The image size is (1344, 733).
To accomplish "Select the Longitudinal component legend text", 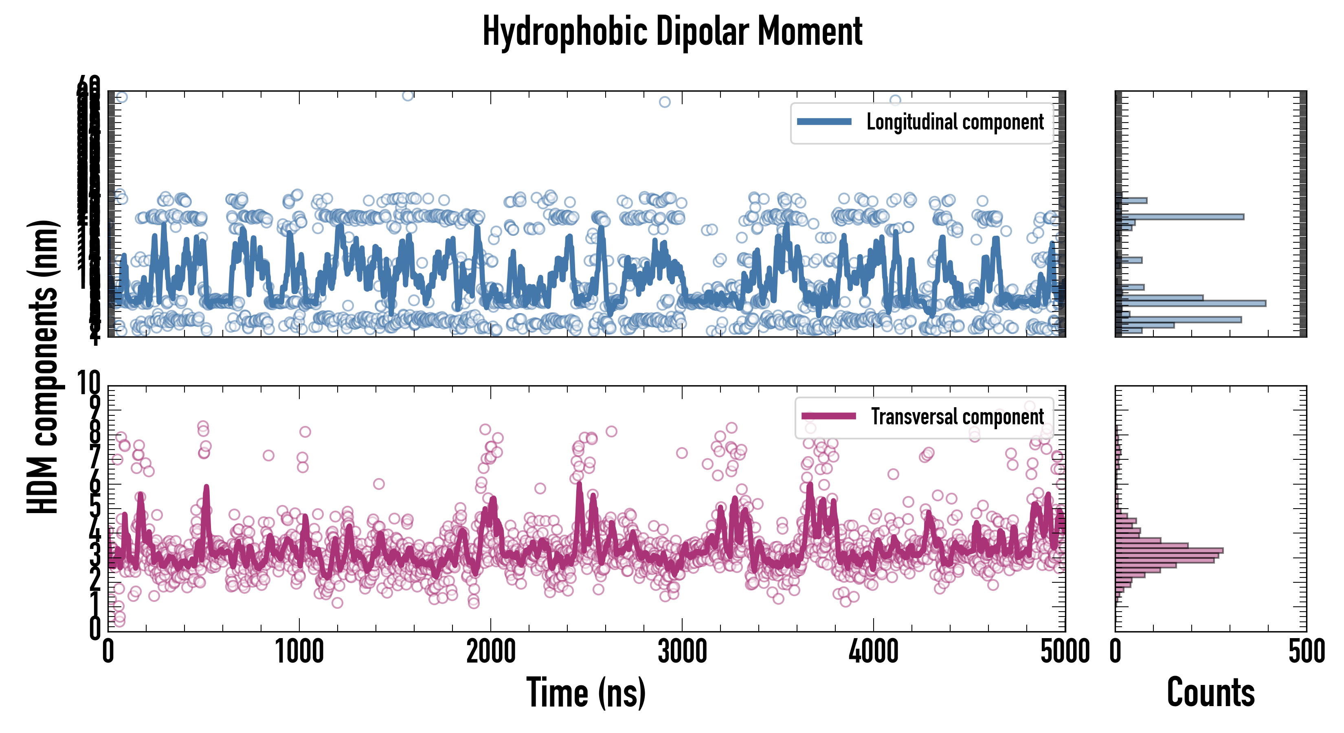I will (x=955, y=122).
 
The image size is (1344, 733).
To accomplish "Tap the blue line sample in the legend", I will (x=824, y=122).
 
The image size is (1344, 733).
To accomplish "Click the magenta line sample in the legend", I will (x=828, y=416).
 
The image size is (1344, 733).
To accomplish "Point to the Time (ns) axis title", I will (x=586, y=693).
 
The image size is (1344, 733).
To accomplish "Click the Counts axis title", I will (x=1210, y=693).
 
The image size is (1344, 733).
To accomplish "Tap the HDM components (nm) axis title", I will (x=43, y=365).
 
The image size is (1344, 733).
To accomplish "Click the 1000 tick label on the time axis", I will (x=299, y=652).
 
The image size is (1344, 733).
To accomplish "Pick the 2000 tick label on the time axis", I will (x=491, y=652).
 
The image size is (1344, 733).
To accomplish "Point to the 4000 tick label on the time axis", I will (x=873, y=652).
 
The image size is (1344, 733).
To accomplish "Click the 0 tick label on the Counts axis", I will (x=1116, y=652).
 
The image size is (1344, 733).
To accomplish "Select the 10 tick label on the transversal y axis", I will (x=89, y=384).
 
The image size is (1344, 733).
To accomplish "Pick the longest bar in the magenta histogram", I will (x=1169, y=551).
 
